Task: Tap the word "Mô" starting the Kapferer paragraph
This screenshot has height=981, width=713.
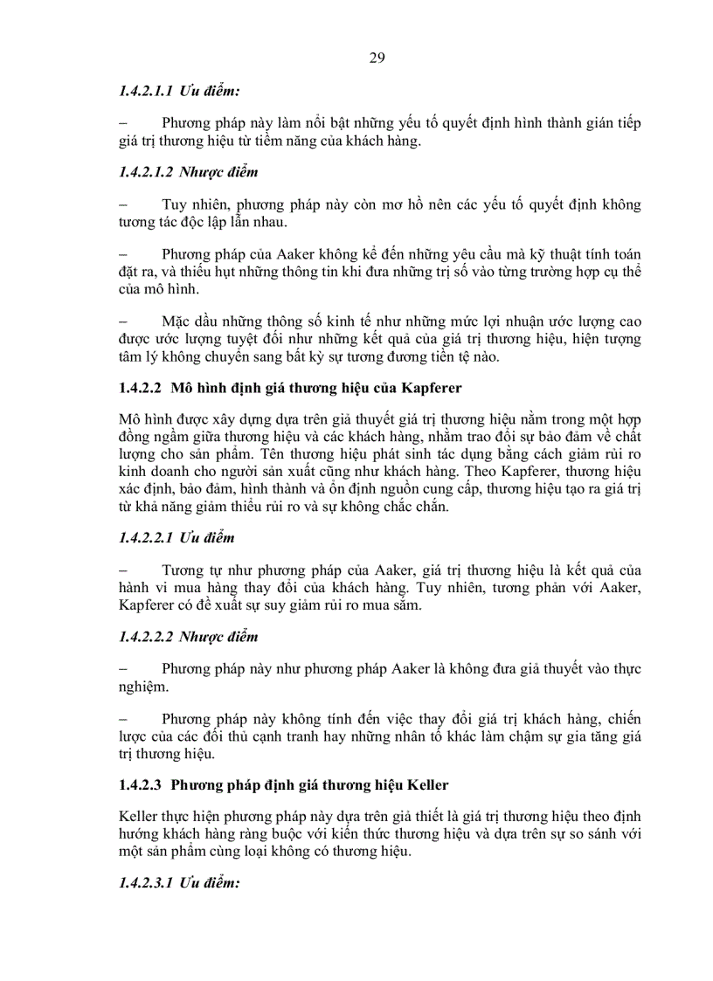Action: click(x=129, y=418)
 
